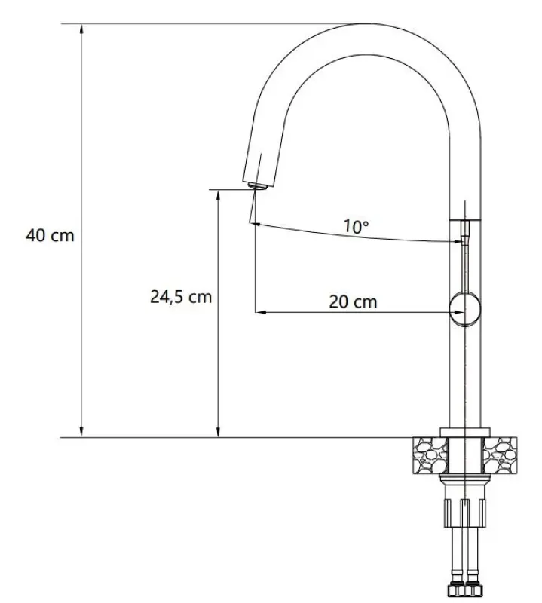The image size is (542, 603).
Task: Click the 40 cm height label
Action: pyautogui.click(x=51, y=235)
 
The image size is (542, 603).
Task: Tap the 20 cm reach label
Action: pyautogui.click(x=353, y=302)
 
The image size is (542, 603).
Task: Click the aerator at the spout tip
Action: pyautogui.click(x=256, y=185)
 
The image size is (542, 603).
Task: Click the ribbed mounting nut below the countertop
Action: pyautogui.click(x=464, y=513)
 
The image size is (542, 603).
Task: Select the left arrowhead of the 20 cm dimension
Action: pyautogui.click(x=261, y=311)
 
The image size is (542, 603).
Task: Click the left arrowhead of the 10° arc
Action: pyautogui.click(x=258, y=224)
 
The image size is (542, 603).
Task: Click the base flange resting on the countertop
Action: pyautogui.click(x=464, y=431)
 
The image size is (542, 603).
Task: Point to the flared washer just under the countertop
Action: pyautogui.click(x=464, y=482)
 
